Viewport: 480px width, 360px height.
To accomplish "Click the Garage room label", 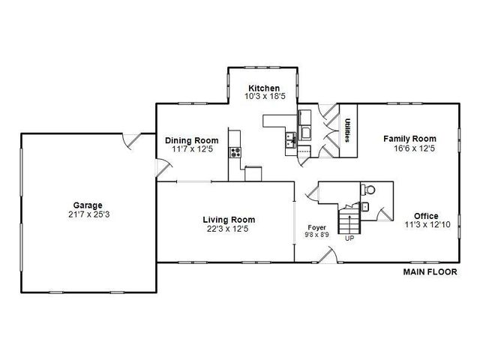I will point(88,205).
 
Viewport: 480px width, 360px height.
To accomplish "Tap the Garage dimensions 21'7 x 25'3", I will point(88,214).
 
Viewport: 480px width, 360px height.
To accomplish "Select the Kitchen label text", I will point(264,88).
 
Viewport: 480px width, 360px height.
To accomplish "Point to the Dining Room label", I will point(191,140).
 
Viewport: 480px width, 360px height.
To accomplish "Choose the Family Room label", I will point(409,139).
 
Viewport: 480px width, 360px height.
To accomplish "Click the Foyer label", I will point(316,226).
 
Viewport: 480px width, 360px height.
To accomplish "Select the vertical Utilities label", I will point(349,130).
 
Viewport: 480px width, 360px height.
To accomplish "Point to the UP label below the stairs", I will point(349,240).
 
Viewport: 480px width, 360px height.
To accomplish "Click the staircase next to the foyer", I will point(348,220).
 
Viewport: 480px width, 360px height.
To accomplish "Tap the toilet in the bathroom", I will point(368,189).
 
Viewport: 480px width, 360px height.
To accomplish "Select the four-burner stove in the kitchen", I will point(235,151).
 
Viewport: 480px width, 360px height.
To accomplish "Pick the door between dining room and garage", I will point(161,171).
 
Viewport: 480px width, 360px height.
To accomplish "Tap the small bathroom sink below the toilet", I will point(365,205).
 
